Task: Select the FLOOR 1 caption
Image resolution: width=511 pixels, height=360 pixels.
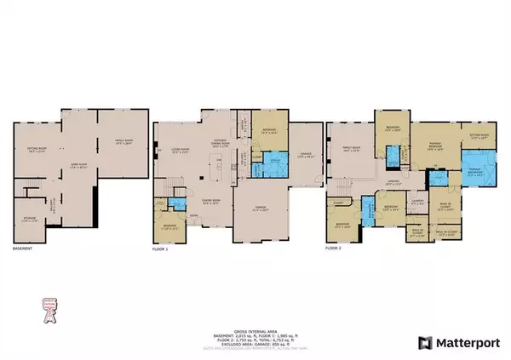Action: [161, 249]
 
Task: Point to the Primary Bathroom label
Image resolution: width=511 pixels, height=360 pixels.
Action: [478, 176]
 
